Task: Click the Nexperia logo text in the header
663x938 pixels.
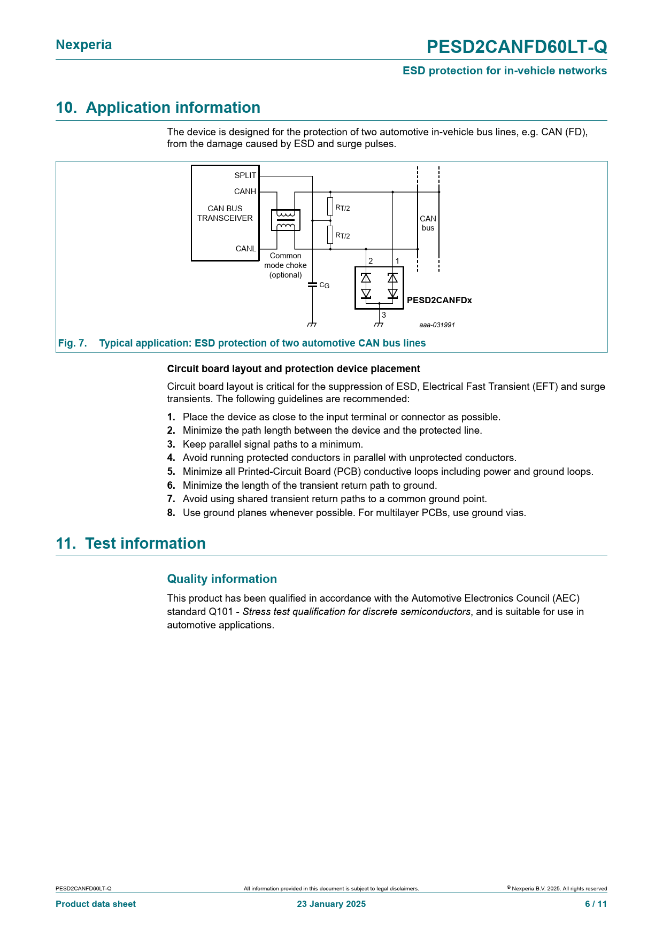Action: (x=84, y=45)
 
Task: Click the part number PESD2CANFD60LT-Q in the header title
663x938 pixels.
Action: (x=516, y=47)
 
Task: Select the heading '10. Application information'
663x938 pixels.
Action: (x=158, y=107)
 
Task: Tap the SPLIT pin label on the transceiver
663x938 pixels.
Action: (x=245, y=175)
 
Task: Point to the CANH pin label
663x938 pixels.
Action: (x=245, y=191)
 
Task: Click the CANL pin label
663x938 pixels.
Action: (x=246, y=249)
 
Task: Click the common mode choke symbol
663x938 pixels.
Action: (x=286, y=220)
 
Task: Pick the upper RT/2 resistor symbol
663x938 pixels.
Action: (x=330, y=206)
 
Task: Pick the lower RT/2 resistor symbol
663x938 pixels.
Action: (x=330, y=235)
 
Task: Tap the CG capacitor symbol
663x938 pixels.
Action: (x=313, y=285)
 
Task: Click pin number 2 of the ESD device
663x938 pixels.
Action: (x=371, y=261)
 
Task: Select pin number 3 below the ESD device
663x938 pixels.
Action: (x=384, y=315)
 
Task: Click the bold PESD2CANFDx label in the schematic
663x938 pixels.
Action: (x=440, y=300)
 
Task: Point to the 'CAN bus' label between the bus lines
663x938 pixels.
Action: (x=428, y=223)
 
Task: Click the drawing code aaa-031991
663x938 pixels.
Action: (x=437, y=325)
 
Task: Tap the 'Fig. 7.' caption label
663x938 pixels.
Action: (x=72, y=343)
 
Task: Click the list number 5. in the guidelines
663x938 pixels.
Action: (x=171, y=472)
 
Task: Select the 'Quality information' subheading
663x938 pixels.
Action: (x=222, y=579)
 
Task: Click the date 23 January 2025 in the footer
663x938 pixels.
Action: (x=331, y=904)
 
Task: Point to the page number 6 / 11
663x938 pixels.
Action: (x=596, y=904)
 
